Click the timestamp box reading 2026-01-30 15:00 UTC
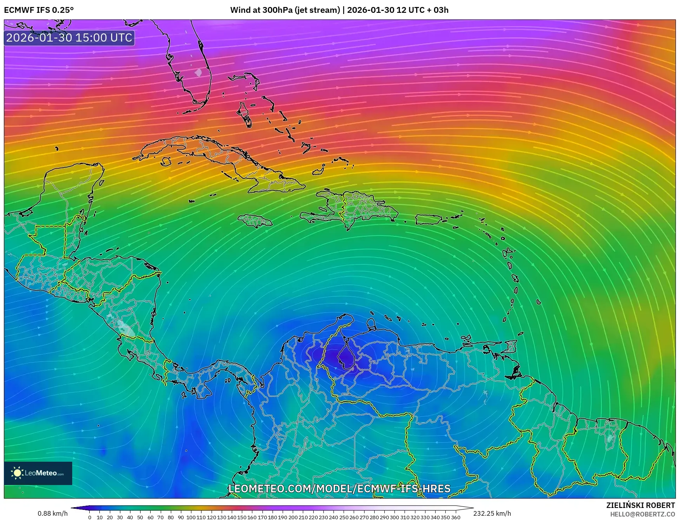click(69, 38)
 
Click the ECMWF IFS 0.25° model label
click(39, 10)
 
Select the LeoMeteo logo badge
click(38, 473)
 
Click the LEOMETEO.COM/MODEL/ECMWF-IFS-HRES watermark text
click(339, 489)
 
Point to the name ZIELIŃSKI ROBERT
click(641, 505)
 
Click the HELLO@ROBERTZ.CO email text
click(643, 514)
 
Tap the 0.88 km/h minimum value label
click(52, 513)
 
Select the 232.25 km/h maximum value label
click(492, 513)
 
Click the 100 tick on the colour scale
click(191, 517)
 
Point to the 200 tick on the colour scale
click(293, 517)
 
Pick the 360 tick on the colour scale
click(455, 517)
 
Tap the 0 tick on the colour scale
click(90, 517)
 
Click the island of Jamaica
click(255, 221)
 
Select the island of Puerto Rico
click(429, 220)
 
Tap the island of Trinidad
click(514, 372)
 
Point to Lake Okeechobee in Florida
click(198, 72)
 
